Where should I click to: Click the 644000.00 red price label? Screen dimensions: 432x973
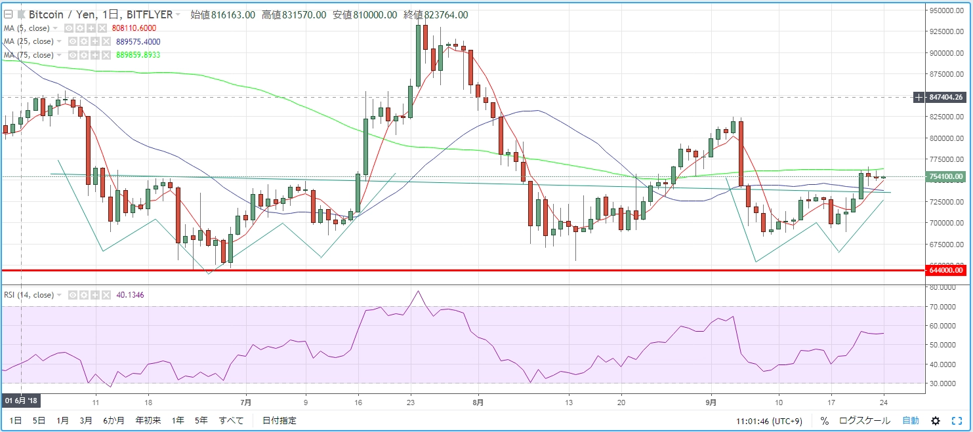(x=946, y=270)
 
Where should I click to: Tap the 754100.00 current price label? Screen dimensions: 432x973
(x=946, y=176)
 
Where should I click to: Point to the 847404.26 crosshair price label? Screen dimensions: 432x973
(x=946, y=97)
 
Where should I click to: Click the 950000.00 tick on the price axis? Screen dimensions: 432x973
(x=946, y=10)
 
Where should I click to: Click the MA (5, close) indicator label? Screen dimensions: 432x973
(x=27, y=28)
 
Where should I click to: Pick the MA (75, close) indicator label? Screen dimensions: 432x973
(x=29, y=55)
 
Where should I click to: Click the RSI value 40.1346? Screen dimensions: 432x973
(x=131, y=295)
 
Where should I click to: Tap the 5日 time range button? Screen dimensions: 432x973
(x=40, y=420)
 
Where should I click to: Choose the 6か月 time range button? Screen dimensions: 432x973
(x=114, y=420)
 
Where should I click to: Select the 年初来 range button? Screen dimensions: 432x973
(x=148, y=420)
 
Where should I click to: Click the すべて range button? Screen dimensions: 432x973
(x=231, y=420)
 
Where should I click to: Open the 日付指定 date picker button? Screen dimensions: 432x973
(x=279, y=420)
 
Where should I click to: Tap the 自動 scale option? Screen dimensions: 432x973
(x=911, y=420)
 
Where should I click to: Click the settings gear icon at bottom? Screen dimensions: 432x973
(x=936, y=420)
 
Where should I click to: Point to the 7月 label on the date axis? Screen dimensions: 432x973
(x=246, y=403)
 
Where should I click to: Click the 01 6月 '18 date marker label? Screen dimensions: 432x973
(x=22, y=400)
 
